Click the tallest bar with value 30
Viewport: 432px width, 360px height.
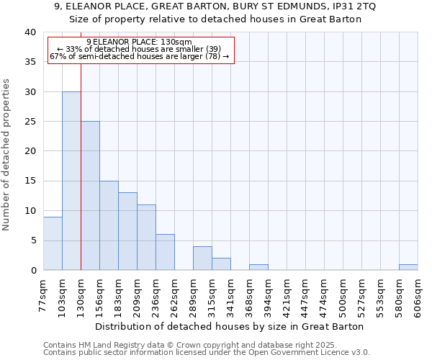click(x=71, y=181)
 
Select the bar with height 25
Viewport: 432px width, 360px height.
click(x=90, y=196)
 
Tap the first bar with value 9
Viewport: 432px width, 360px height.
click(x=53, y=243)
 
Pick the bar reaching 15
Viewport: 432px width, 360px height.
click(x=109, y=225)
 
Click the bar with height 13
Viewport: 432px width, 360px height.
click(x=127, y=231)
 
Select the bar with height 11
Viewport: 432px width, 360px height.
click(x=146, y=238)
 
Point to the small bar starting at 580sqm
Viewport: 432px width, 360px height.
click(x=408, y=267)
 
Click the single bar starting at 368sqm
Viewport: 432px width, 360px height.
click(x=258, y=267)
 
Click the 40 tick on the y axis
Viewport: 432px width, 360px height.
click(x=30, y=32)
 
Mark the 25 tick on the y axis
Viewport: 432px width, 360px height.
click(x=30, y=122)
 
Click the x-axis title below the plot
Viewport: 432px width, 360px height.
click(x=230, y=326)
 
